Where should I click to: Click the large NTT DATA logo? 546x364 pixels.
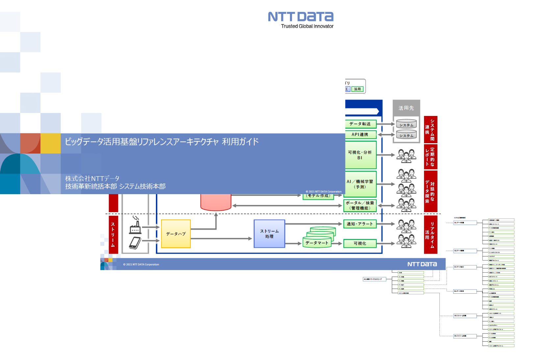click(301, 16)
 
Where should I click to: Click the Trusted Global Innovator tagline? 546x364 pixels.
click(307, 26)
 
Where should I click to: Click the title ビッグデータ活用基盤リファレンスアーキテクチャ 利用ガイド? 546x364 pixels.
click(161, 142)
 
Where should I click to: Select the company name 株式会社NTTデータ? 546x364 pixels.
click(92, 178)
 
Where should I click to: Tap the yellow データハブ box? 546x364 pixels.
click(176, 234)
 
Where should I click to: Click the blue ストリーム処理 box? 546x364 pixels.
click(269, 234)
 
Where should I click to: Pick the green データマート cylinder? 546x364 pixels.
click(317, 243)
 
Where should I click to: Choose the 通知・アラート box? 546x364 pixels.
click(360, 224)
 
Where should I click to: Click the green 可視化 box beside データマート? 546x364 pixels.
click(360, 243)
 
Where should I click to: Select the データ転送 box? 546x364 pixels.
click(360, 124)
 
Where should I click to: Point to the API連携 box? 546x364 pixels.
click(360, 134)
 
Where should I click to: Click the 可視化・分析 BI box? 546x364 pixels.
click(360, 155)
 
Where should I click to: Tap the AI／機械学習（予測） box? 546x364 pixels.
click(360, 184)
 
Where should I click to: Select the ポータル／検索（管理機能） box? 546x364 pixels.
click(360, 206)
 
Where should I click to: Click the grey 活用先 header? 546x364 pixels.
click(406, 108)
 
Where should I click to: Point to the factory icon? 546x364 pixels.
click(136, 225)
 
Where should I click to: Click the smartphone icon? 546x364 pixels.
click(135, 243)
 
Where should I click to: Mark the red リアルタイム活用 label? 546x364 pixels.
click(431, 235)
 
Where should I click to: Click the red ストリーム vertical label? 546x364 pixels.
click(113, 235)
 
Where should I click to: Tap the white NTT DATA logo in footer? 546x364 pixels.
click(422, 264)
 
